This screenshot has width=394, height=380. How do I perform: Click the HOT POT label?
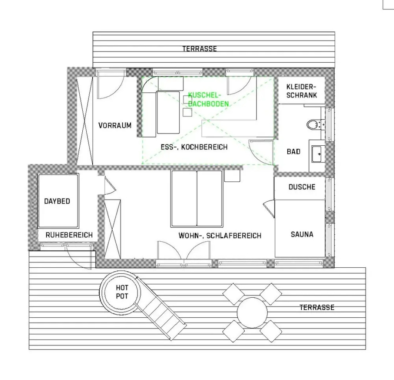coord(122,292)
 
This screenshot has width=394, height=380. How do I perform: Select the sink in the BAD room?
coord(317,154)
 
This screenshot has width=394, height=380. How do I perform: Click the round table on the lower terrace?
coord(252,312)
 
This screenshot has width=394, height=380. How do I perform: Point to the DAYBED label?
coord(57,201)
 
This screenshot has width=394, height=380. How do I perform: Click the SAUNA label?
coord(302,234)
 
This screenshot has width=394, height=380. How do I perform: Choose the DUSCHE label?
coord(302,187)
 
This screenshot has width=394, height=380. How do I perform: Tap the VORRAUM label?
coord(115,125)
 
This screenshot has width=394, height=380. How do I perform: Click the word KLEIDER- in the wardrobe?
coord(301,87)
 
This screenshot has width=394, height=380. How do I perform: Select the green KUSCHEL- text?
coord(204,95)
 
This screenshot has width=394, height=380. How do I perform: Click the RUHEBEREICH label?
coord(69,235)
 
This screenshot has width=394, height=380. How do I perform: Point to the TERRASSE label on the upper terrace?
coord(200,49)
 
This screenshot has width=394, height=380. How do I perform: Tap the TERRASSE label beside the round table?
coord(317,308)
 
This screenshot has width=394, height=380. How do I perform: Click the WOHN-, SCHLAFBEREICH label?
coord(220,236)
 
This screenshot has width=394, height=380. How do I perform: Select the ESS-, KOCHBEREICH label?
coord(194,147)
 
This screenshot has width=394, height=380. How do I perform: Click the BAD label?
coord(294,151)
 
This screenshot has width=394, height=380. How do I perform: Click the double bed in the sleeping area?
coord(196,199)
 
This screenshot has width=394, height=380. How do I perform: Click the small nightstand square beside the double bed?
coord(232,176)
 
